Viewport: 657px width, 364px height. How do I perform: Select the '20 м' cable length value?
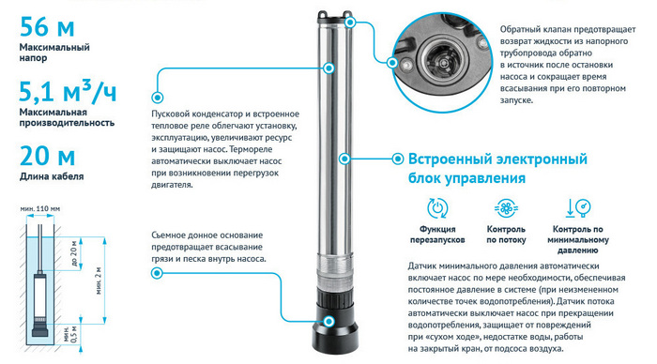(x=47, y=156)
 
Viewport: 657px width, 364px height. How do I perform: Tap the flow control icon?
(x=506, y=208)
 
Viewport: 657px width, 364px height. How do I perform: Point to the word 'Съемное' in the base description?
(x=173, y=234)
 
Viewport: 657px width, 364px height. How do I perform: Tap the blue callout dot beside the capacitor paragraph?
(x=156, y=95)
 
